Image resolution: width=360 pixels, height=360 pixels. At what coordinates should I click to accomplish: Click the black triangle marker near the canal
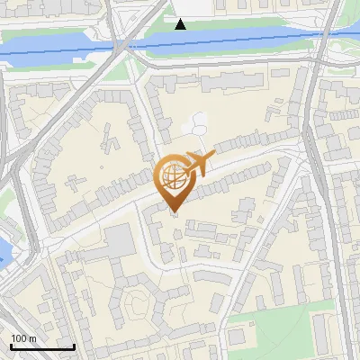pyautogui.click(x=181, y=23)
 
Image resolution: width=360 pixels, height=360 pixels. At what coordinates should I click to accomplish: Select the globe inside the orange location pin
pyautogui.click(x=174, y=177)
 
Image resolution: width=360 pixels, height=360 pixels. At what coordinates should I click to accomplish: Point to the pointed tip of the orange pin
pyautogui.click(x=174, y=212)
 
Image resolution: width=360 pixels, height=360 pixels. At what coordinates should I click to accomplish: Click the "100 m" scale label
pyautogui.click(x=23, y=338)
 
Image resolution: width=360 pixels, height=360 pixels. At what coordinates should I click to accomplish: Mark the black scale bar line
pyautogui.click(x=41, y=346)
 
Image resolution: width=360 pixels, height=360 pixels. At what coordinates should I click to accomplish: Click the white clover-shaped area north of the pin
pyautogui.click(x=196, y=124)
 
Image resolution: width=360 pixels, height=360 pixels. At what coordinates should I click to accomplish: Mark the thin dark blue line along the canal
pyautogui.click(x=225, y=40)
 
